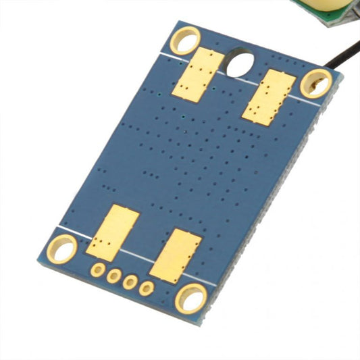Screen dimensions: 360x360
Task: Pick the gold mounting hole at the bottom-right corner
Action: coord(191,298)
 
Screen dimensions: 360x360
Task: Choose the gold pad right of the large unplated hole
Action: coord(269,97)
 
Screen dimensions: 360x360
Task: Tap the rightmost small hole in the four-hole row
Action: coord(147,288)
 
